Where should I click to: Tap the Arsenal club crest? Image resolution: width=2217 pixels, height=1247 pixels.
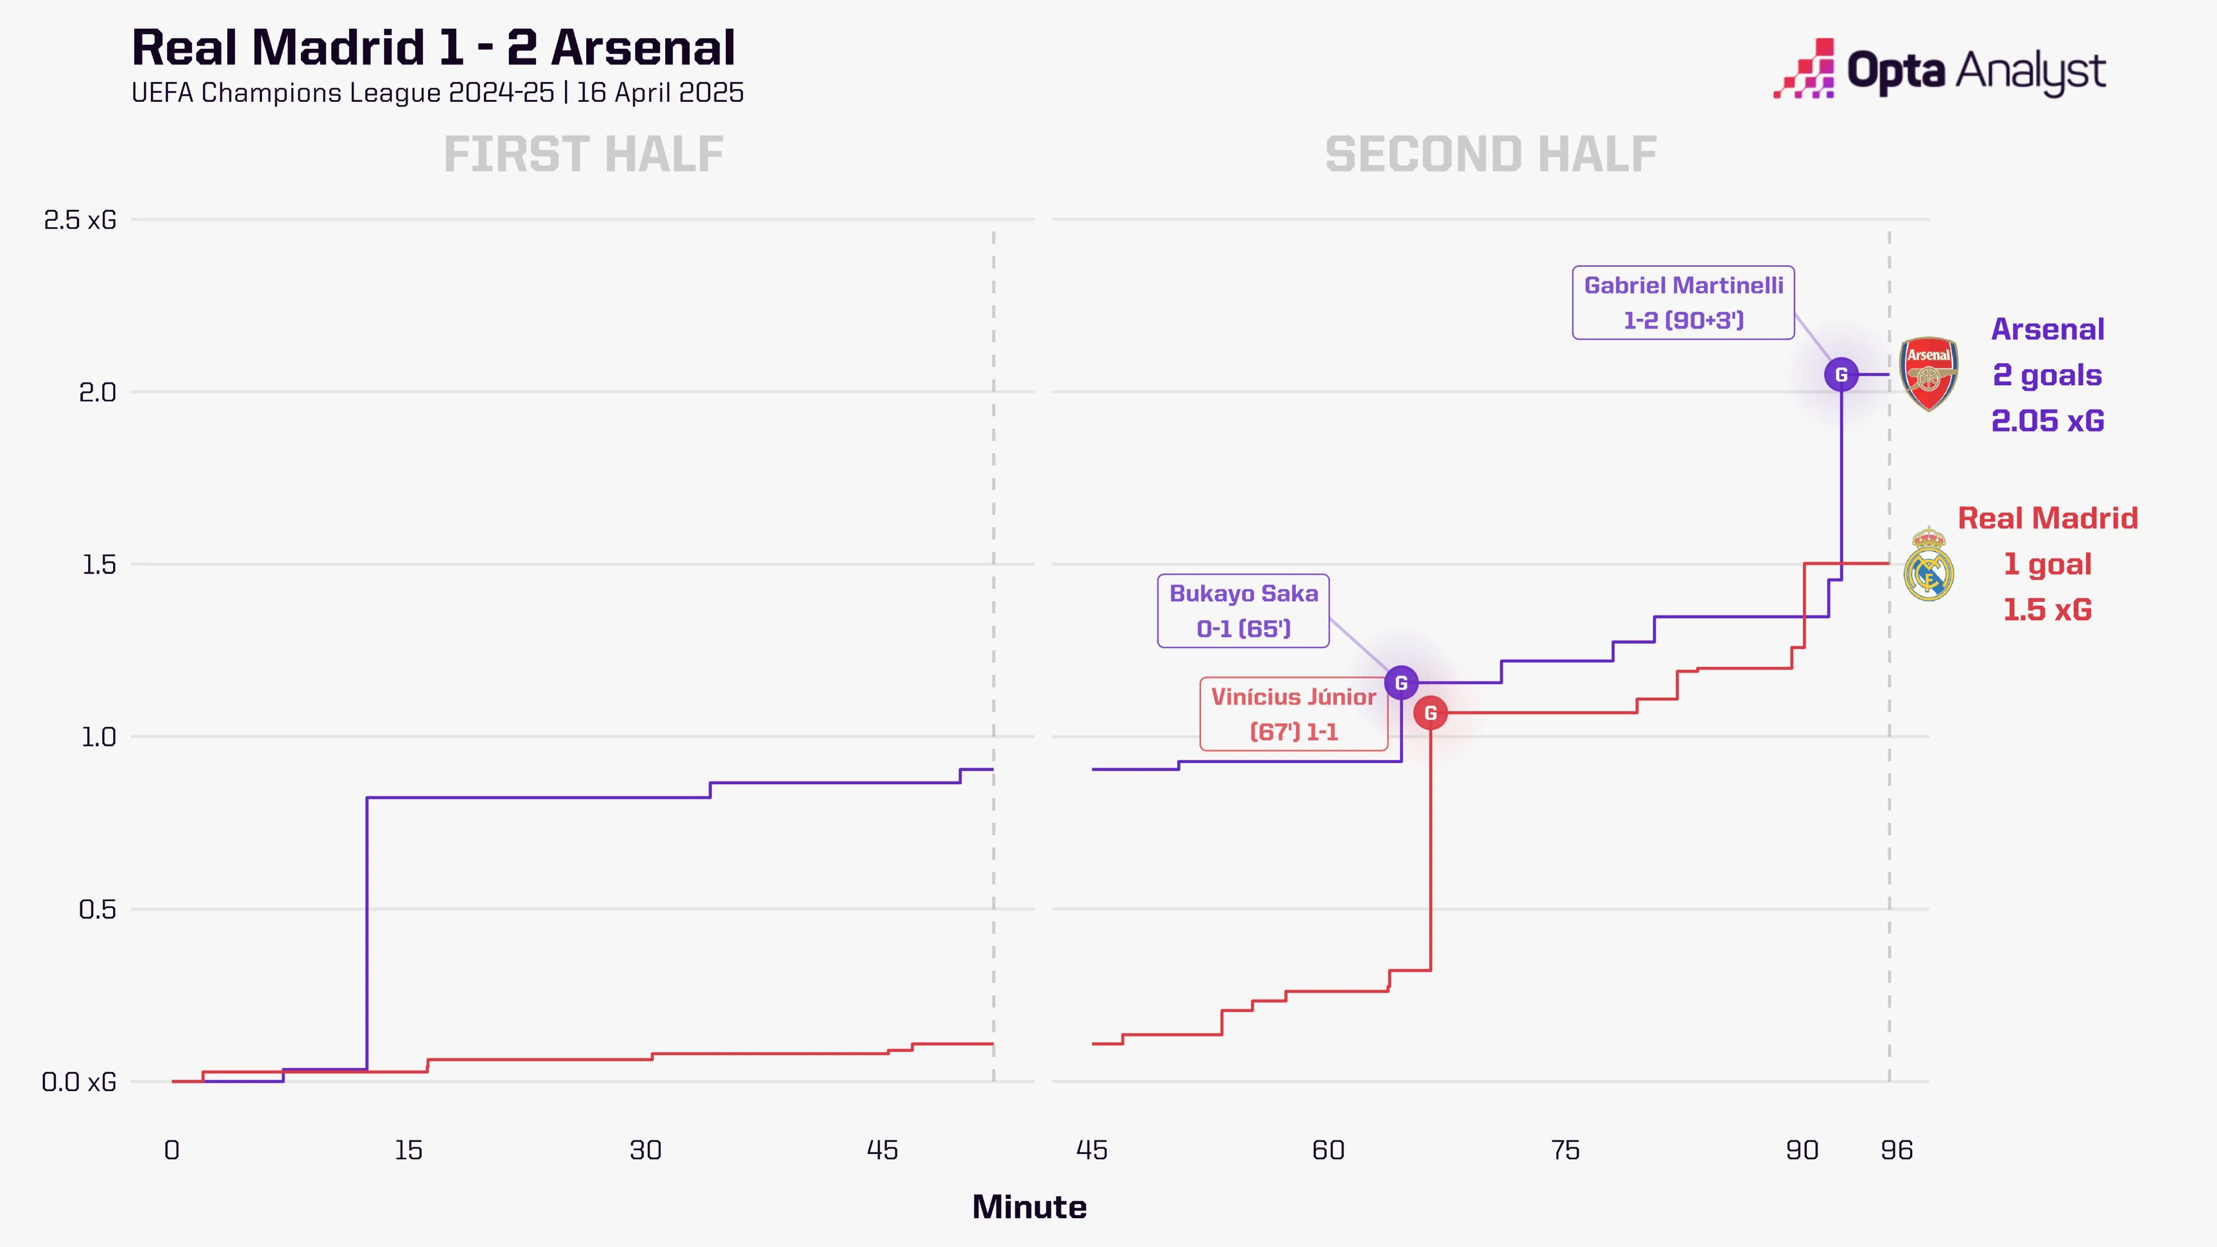(1929, 375)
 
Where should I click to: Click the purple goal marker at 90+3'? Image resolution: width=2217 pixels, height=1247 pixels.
(1841, 375)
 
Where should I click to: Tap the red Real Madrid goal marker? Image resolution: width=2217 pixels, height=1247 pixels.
(1431, 713)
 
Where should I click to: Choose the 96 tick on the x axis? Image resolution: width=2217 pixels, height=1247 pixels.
(1897, 1151)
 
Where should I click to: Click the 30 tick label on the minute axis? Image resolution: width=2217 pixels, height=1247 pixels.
(646, 1151)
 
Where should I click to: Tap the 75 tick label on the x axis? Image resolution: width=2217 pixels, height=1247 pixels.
(1565, 1151)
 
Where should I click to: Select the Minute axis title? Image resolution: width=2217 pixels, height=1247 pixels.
(1029, 1207)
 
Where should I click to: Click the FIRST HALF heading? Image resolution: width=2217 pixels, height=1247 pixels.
(583, 155)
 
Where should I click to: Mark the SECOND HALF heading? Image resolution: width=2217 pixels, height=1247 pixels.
(1491, 155)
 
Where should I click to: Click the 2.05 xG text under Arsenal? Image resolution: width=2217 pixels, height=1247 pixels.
(2048, 421)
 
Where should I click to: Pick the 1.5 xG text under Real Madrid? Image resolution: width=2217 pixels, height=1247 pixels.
(2048, 610)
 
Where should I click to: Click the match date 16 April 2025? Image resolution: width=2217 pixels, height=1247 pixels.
(660, 93)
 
